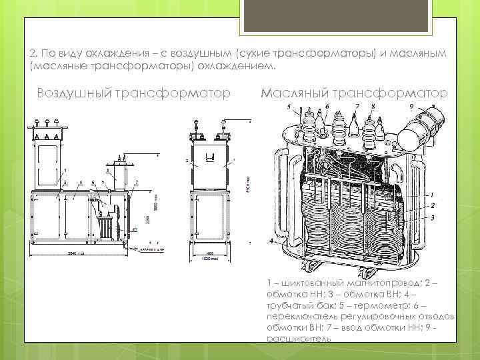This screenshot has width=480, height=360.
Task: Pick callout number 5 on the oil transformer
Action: pos(288,107)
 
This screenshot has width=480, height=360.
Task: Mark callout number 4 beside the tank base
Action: pos(271,239)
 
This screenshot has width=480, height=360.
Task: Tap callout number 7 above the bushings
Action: pos(357,105)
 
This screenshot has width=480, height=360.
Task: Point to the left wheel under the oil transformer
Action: pos(309,267)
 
